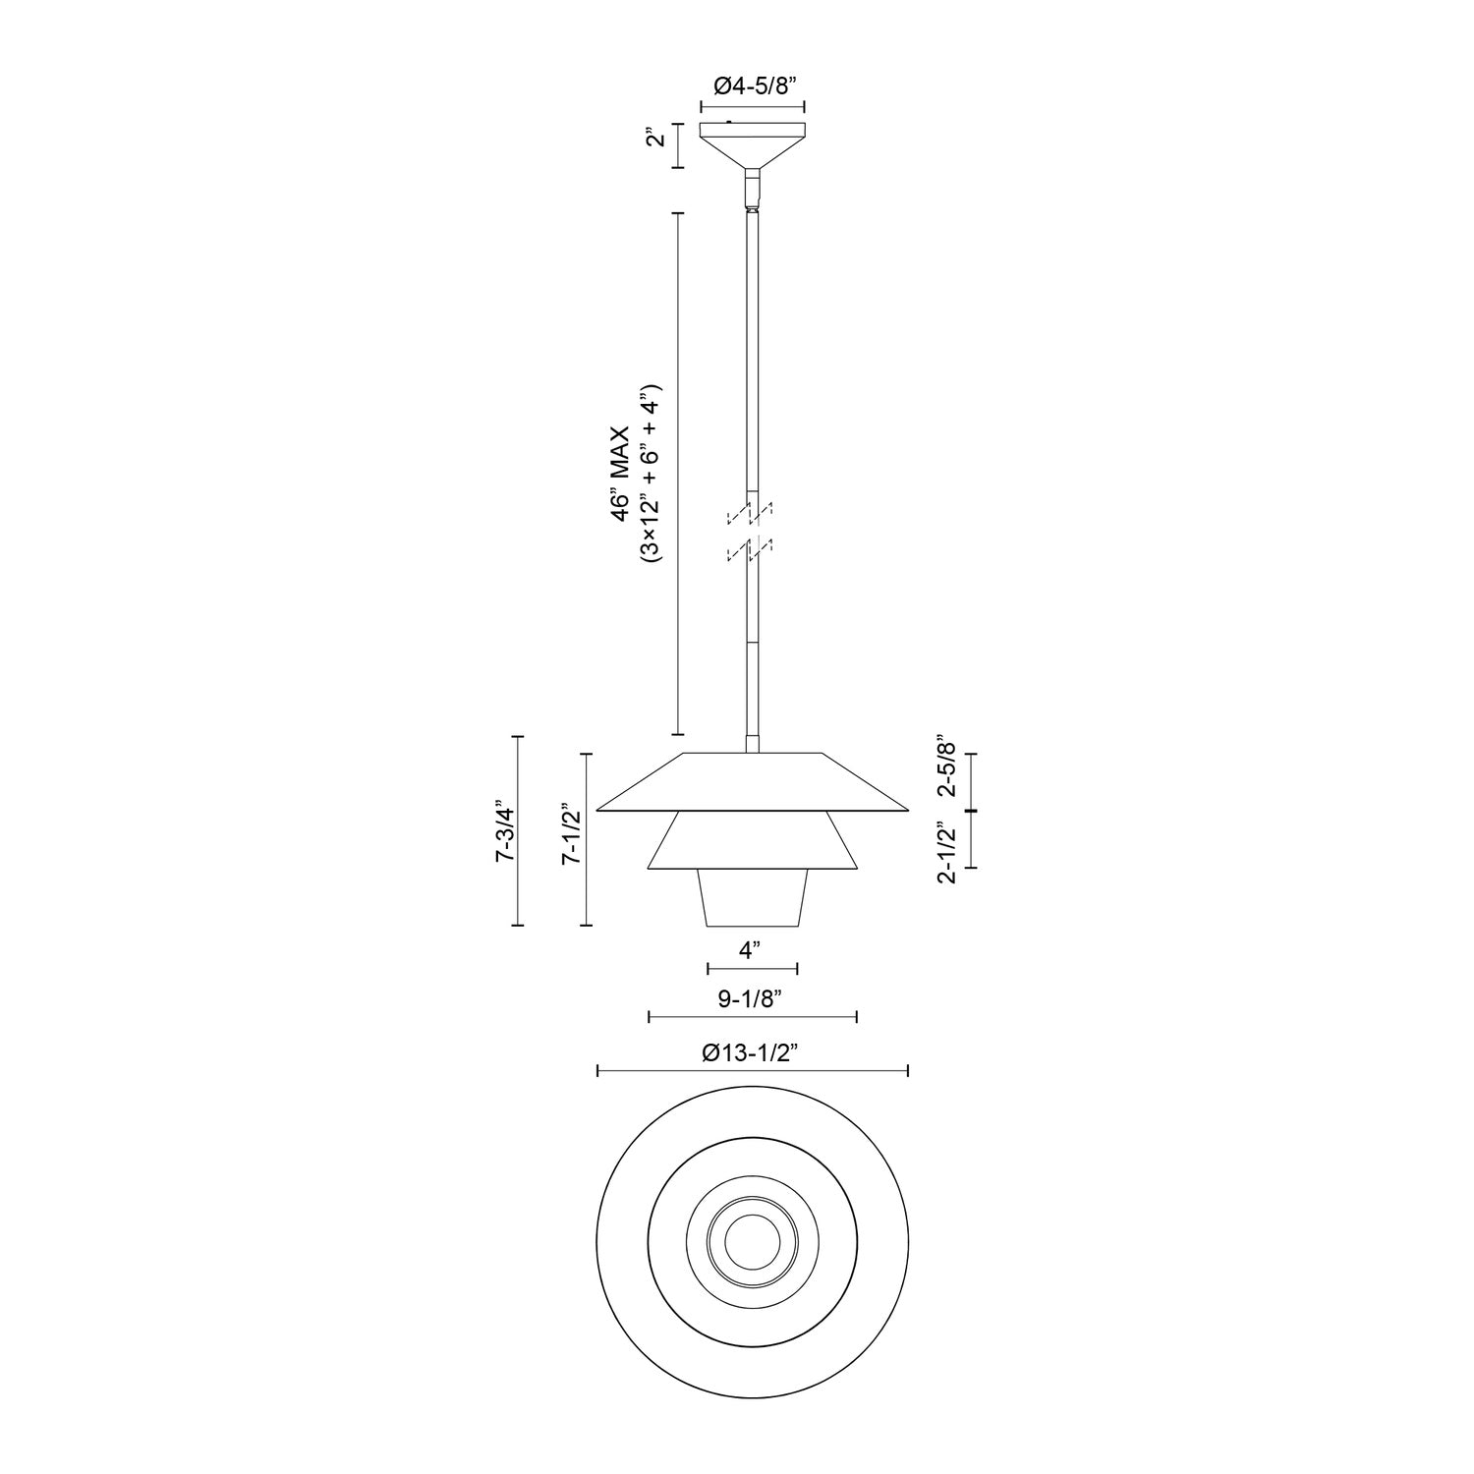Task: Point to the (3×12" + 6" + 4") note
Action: coord(652,473)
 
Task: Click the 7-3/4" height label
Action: coord(505,831)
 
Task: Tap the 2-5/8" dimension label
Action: coord(945,765)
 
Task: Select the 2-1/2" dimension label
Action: coord(946,853)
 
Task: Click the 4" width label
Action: coord(751,950)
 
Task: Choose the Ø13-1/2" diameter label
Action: coord(752,1052)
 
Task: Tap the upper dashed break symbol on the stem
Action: coord(751,513)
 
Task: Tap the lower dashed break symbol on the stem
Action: coord(751,550)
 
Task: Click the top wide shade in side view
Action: coord(752,782)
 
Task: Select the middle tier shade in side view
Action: coord(752,841)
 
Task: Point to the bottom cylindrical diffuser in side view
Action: coord(753,897)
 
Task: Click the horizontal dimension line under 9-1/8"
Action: coord(753,1017)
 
